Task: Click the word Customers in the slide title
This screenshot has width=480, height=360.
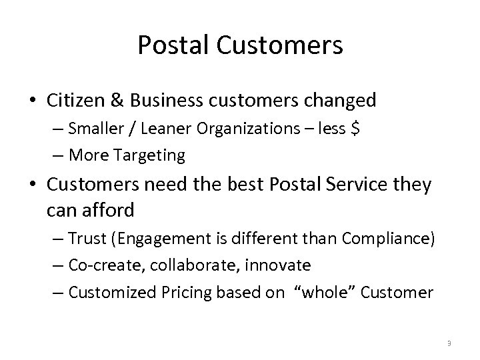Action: click(x=277, y=45)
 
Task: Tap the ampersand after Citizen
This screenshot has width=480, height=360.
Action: click(x=115, y=101)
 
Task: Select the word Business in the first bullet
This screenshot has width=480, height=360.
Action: click(x=163, y=101)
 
